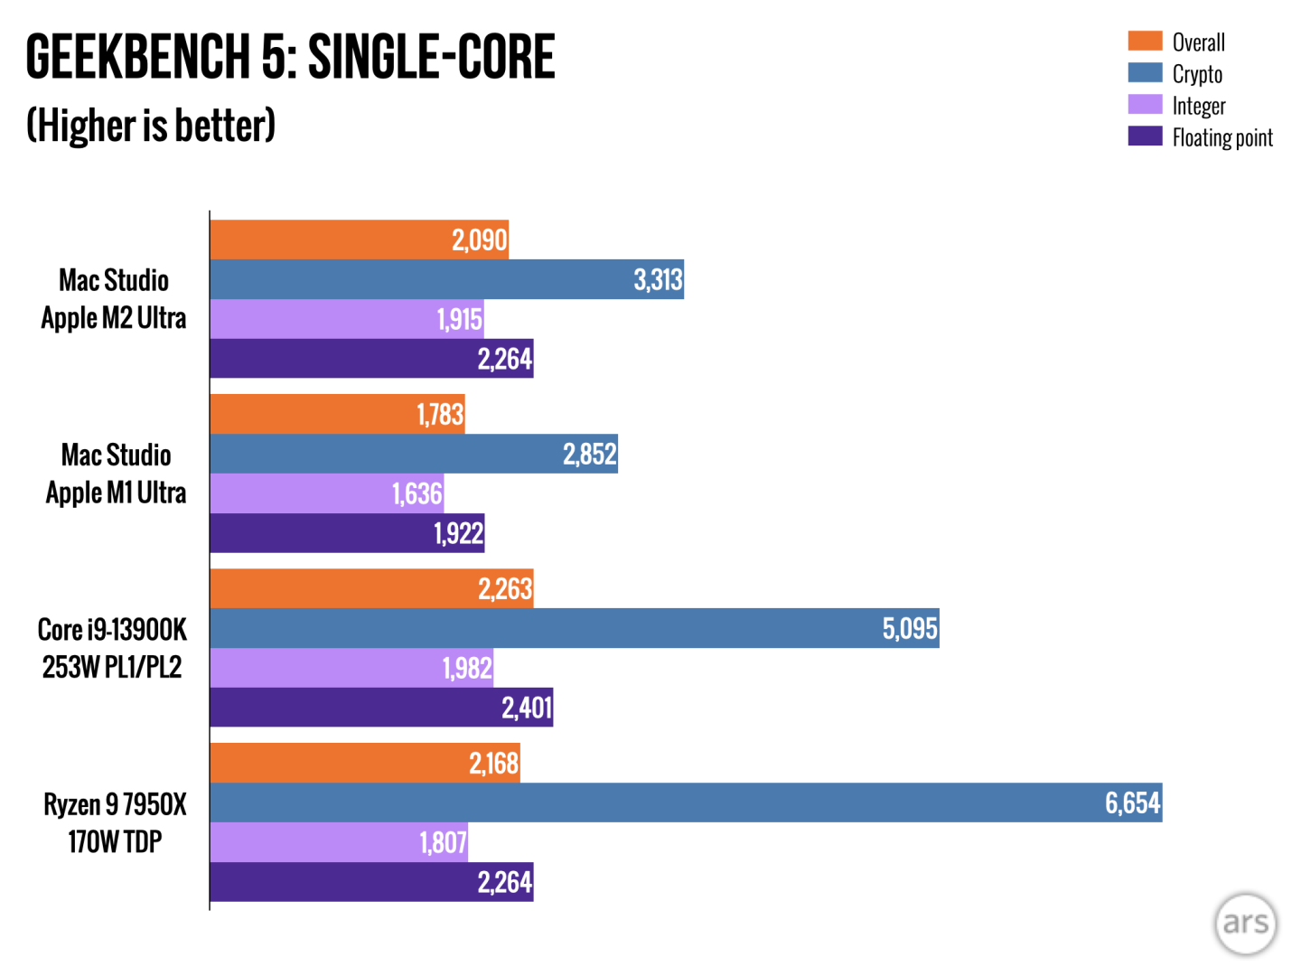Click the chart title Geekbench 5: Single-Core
[290, 57]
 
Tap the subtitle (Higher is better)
[151, 126]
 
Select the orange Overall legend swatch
[1145, 41]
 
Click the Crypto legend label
[1197, 74]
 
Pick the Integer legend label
[1199, 106]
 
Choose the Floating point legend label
[1222, 137]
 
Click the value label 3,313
[658, 280]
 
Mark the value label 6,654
[1132, 802]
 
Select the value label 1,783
[440, 415]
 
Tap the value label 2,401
[527, 707]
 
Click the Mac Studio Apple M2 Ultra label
[114, 299]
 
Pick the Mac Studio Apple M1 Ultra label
[116, 474]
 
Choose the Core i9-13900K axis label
[112, 648]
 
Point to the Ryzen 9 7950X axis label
[115, 822]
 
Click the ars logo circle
[1246, 923]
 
